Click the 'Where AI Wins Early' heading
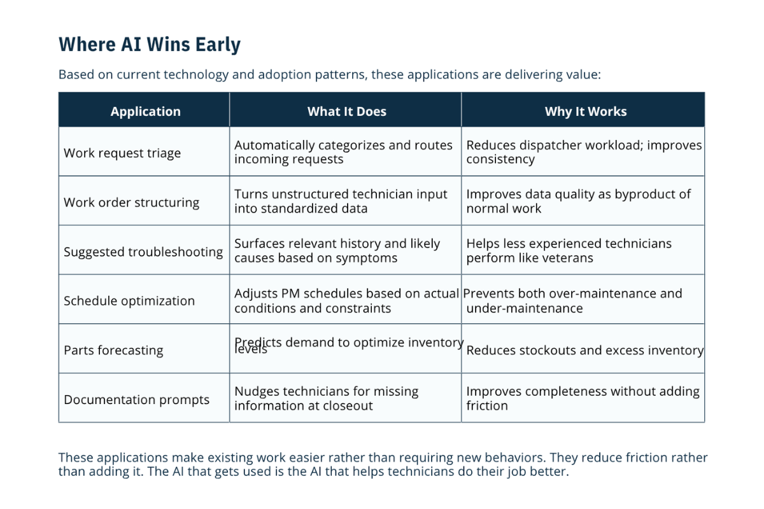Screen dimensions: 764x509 point(150,45)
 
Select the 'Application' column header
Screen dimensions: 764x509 point(146,111)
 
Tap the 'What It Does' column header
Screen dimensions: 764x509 point(347,111)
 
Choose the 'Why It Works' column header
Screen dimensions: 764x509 point(586,111)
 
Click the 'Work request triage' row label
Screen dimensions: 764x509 point(122,153)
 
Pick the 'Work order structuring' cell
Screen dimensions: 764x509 point(131,202)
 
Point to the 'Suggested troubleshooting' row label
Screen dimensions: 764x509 point(143,252)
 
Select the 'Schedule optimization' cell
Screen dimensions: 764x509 point(129,301)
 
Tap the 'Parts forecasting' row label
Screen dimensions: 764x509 point(113,351)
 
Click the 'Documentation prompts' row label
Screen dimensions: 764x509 point(136,400)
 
